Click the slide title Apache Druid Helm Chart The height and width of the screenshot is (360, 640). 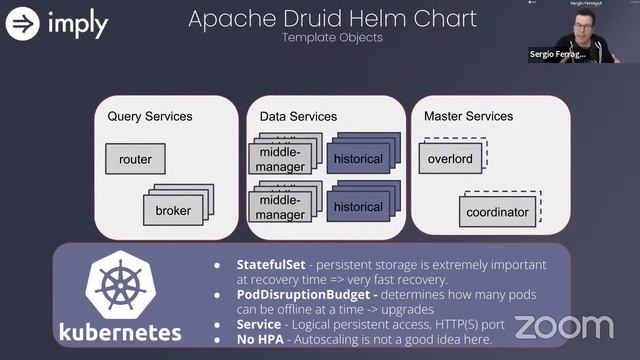pos(332,18)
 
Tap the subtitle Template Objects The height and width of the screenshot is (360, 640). pos(332,38)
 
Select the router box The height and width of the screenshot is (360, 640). pos(135,159)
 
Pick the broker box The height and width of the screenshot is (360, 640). pos(173,211)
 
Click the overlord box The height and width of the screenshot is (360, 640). pos(450,159)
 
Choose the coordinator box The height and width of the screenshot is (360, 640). pos(498,211)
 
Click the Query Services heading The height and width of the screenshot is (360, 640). pos(150,117)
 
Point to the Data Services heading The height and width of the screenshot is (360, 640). pos(298,117)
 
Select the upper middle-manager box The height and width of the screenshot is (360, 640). pos(281,159)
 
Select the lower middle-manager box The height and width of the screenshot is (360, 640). pos(281,208)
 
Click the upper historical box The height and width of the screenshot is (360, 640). pos(358,159)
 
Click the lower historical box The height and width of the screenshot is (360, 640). pos(358,207)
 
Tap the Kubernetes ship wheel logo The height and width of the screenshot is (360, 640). pos(118,284)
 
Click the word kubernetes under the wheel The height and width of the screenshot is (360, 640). pos(120,332)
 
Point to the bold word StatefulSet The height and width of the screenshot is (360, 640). pos(272,265)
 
